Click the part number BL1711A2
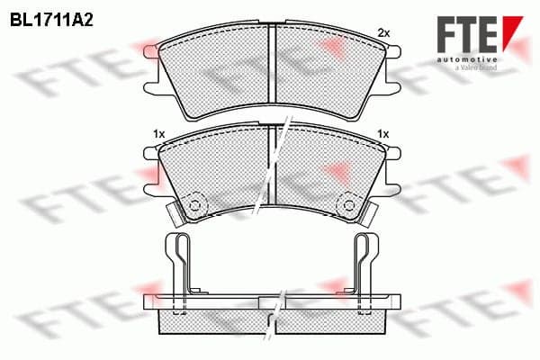click(51, 21)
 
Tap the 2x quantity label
click(383, 33)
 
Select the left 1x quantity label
click(159, 134)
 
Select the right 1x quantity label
click(383, 134)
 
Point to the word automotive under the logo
click(467, 60)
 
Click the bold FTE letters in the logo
click(467, 34)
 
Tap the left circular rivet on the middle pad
click(195, 206)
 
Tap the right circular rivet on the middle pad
click(349, 206)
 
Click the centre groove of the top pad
click(272, 64)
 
